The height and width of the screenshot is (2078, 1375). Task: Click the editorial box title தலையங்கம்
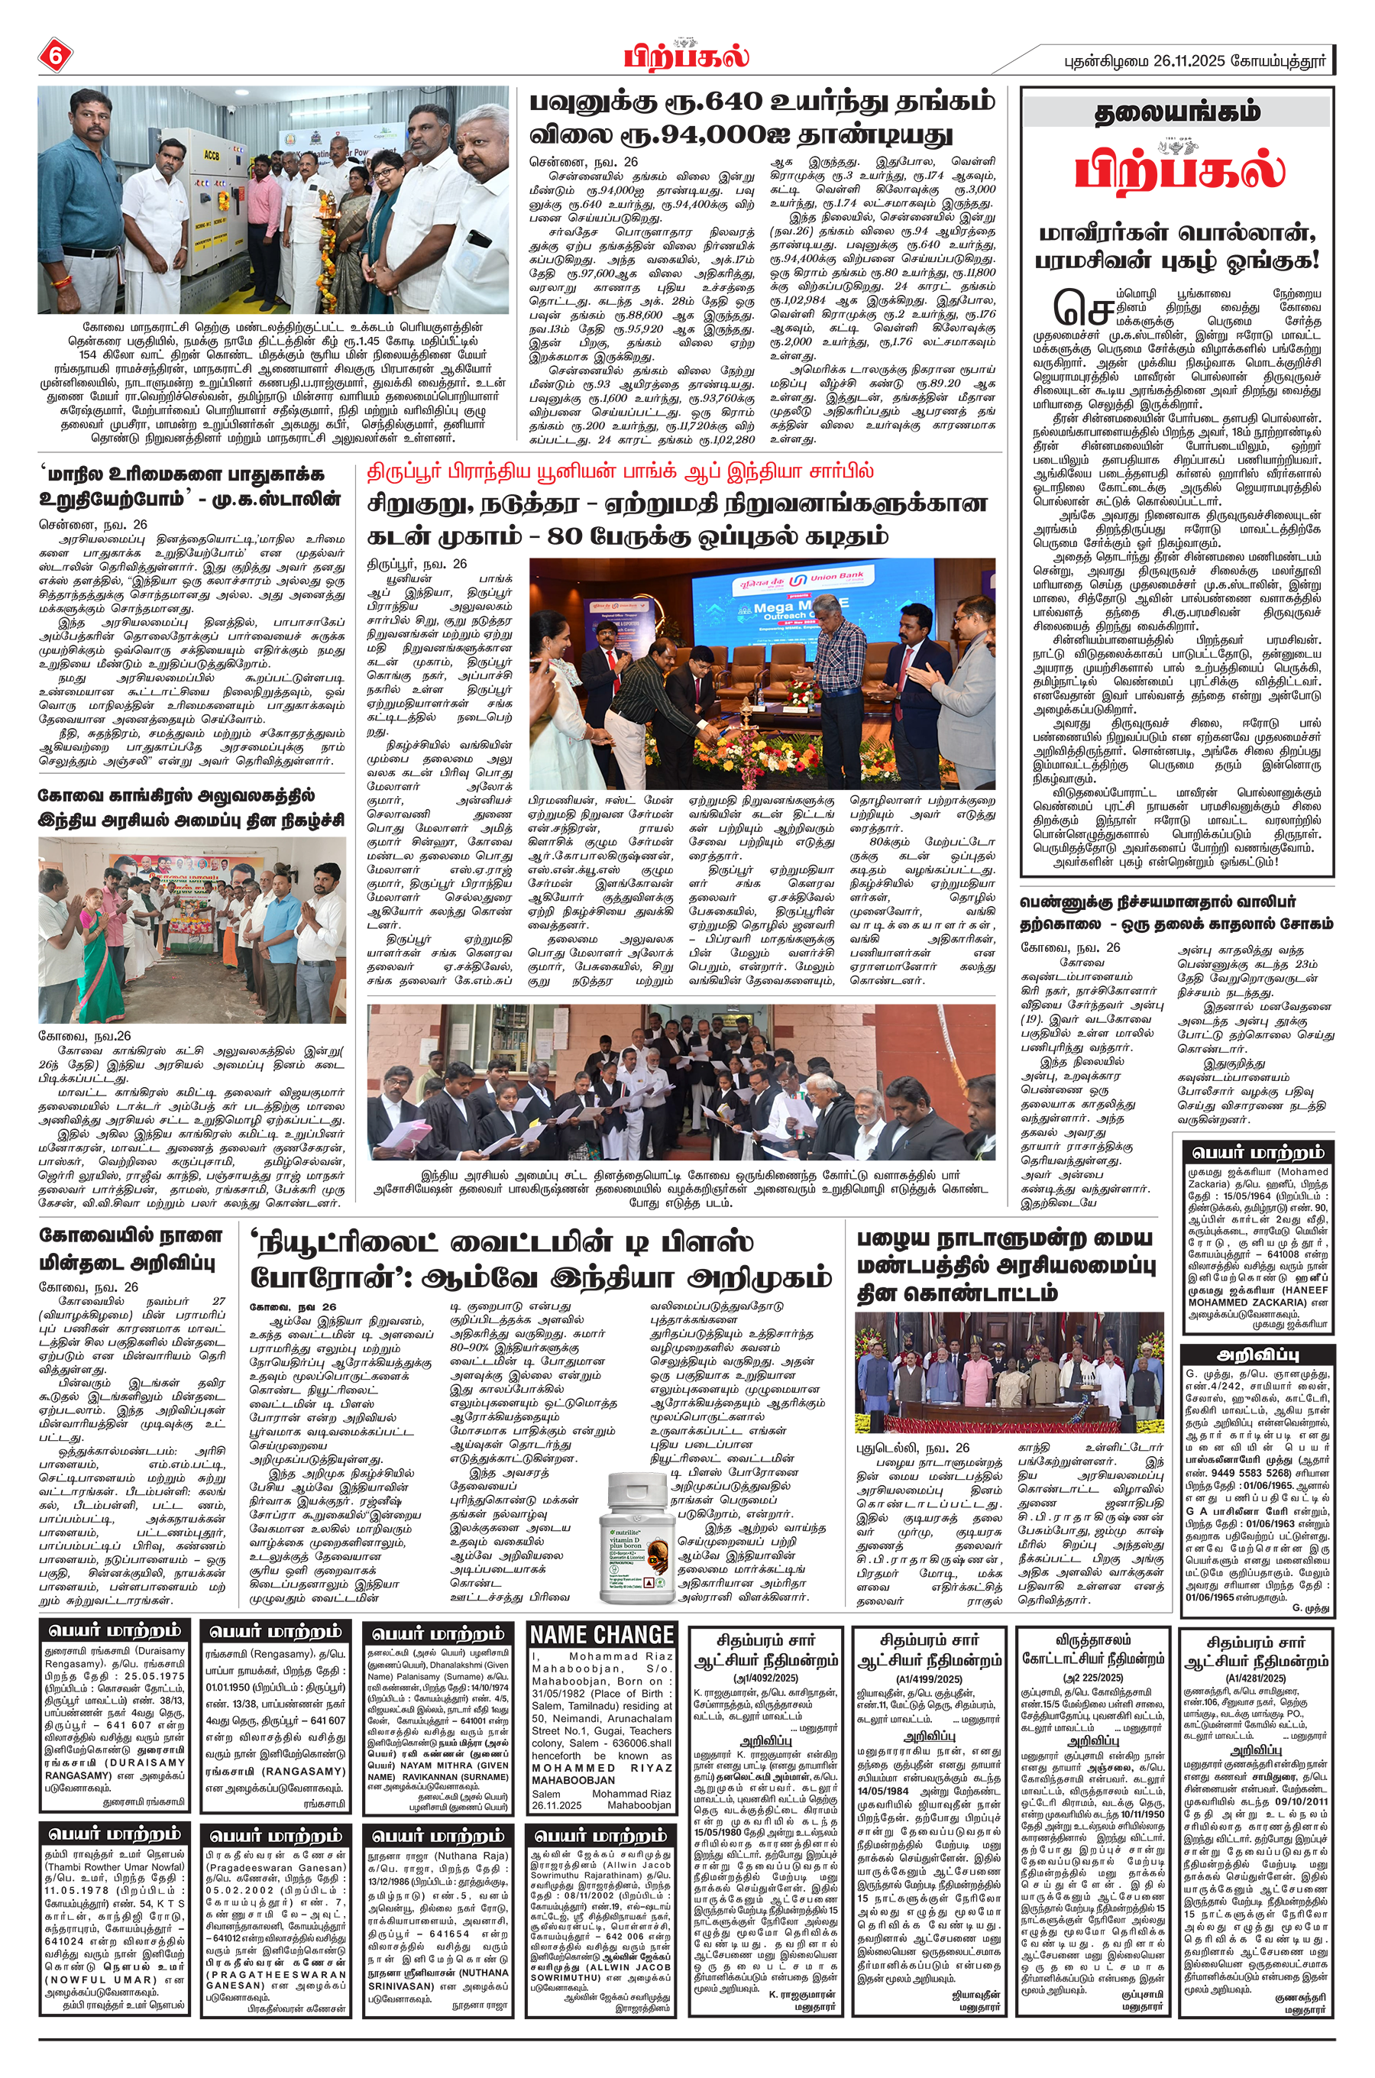click(1178, 112)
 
